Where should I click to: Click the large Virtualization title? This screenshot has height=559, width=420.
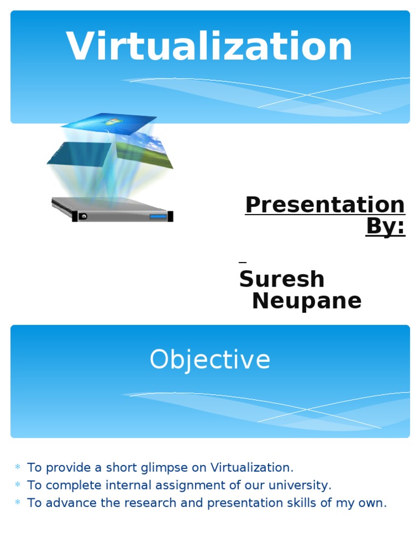click(209, 47)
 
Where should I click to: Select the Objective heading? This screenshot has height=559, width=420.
click(210, 360)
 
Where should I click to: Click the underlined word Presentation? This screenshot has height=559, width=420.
click(325, 205)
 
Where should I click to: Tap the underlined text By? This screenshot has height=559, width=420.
click(386, 225)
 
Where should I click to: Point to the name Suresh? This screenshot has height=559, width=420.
click(282, 279)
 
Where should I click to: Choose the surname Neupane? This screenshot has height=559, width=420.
click(306, 301)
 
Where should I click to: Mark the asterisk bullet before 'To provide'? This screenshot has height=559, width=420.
click(17, 467)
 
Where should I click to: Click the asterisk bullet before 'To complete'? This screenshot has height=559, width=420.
click(17, 485)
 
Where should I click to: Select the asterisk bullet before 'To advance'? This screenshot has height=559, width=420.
click(17, 502)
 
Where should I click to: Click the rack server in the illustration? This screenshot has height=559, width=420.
click(112, 209)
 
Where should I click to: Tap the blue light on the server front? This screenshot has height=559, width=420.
click(158, 217)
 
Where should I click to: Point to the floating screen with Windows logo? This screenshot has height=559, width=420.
click(109, 121)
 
